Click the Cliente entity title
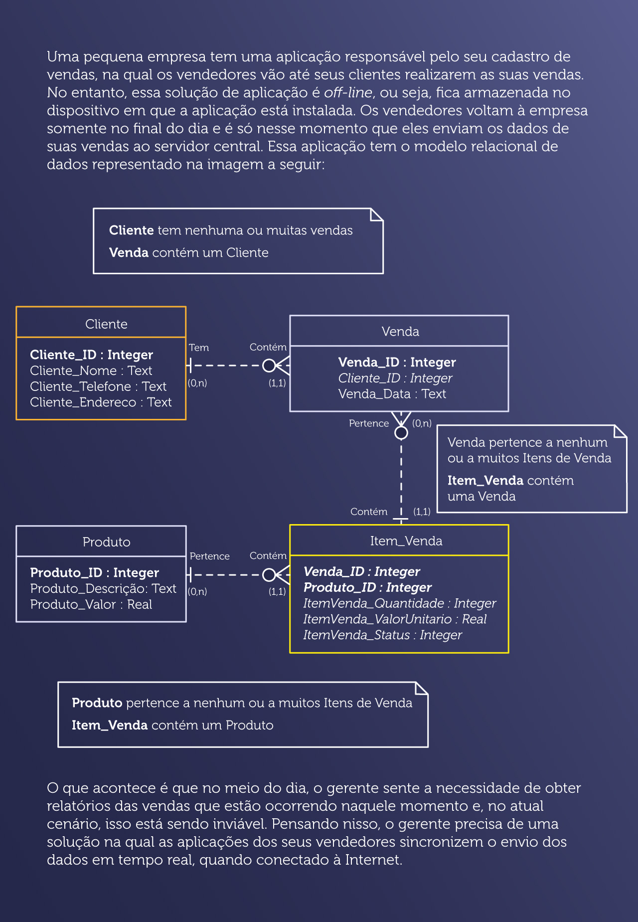pos(106,324)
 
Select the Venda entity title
pos(400,332)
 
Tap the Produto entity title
pos(106,542)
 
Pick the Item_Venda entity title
pos(406,541)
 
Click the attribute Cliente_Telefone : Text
pos(98,386)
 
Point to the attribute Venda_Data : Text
pos(392,394)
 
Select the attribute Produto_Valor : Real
pos(91,604)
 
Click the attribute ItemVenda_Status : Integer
pos(382,635)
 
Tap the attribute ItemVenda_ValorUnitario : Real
pos(395,619)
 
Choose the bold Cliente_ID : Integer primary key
pos(91,355)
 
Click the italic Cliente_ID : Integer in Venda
pos(395,378)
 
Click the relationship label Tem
pos(199,348)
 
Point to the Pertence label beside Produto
pos(209,556)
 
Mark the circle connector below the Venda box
pos(401,433)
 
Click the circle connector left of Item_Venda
pos(269,575)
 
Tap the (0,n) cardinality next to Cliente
pos(197,383)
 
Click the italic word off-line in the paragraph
pos(348,93)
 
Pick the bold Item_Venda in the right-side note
pos(485,480)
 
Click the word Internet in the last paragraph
pos(373,860)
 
